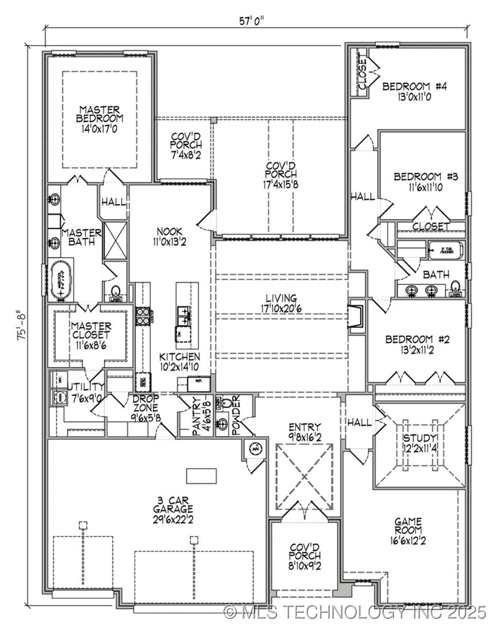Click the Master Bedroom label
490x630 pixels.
100,114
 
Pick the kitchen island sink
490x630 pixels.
184,315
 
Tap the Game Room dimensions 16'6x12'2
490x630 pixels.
408,541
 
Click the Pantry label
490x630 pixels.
196,417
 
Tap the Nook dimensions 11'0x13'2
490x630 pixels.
169,242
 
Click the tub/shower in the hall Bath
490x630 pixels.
446,250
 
